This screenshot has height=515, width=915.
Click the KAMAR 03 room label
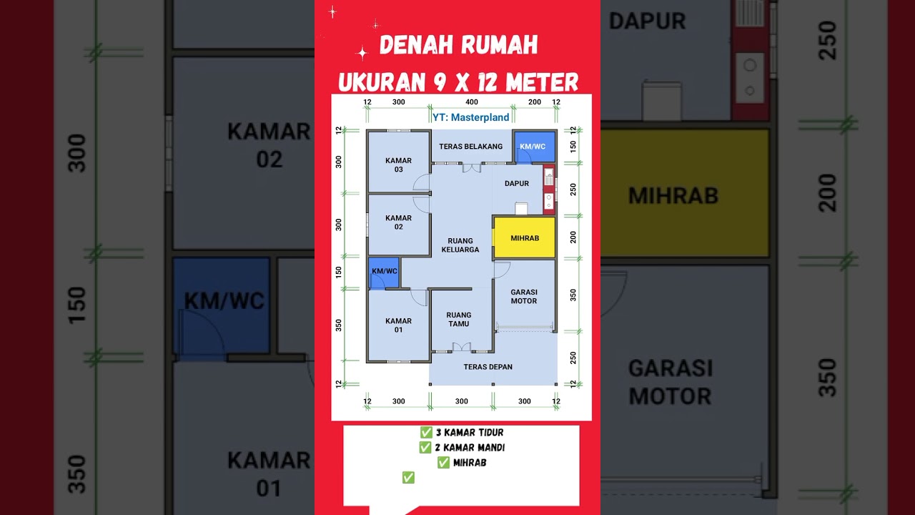coord(398,165)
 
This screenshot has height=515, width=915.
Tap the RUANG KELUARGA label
coord(460,245)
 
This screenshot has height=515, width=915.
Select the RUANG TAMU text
coord(458,319)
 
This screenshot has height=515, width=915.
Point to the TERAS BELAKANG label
coord(470,147)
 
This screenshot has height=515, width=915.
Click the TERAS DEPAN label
coord(488,367)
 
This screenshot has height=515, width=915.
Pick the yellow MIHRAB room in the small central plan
coord(525,237)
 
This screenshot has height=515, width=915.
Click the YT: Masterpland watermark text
coord(471,117)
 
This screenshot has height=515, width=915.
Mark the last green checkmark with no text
coord(408,478)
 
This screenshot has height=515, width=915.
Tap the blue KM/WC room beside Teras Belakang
coord(533,146)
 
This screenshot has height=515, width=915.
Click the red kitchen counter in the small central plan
coord(549,190)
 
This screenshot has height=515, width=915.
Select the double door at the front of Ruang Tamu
coord(462,347)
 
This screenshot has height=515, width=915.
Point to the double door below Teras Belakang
coord(470,168)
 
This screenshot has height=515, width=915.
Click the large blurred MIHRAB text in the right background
coord(673,195)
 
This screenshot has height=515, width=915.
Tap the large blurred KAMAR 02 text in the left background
coord(269,145)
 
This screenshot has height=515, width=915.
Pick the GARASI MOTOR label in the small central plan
coord(524,297)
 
